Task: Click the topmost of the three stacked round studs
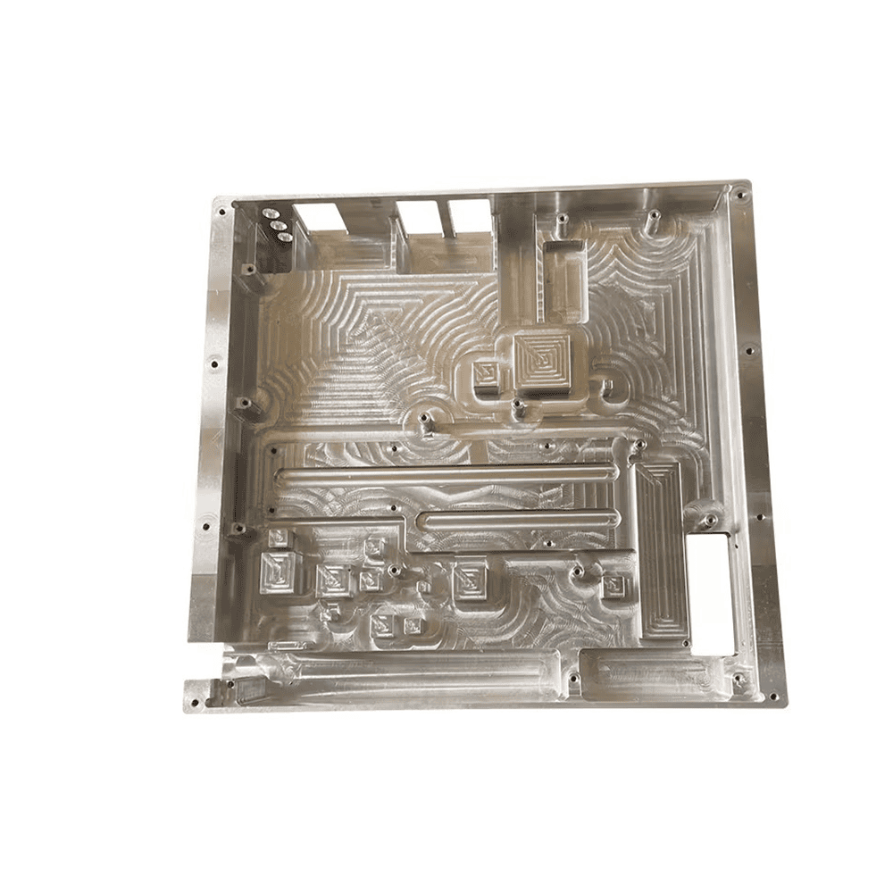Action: point(269,213)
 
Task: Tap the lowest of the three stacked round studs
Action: point(285,237)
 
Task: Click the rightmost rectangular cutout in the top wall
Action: point(470,214)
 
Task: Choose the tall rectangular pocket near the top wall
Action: point(564,280)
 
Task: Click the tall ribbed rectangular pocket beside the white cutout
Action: point(661,549)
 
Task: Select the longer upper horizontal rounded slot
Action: point(446,476)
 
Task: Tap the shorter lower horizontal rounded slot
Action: point(520,520)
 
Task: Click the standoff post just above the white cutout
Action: point(709,518)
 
